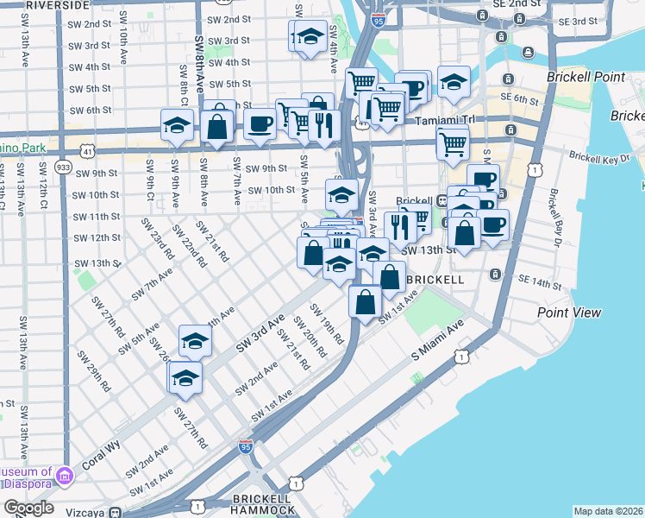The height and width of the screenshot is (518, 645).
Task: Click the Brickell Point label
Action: coord(586,77)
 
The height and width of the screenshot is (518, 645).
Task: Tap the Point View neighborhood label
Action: coord(569,312)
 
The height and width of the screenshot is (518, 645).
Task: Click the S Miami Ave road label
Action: coord(437,336)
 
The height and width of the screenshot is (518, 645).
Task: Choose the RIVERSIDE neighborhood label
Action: coord(57,5)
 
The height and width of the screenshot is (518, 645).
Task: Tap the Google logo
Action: coord(28,508)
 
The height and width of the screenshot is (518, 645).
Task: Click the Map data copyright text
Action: coord(608,511)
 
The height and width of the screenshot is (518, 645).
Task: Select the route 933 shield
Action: coord(62,167)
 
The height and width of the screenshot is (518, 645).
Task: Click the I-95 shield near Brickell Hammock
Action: coord(246,446)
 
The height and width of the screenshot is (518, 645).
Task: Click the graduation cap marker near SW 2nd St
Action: coord(309,37)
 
